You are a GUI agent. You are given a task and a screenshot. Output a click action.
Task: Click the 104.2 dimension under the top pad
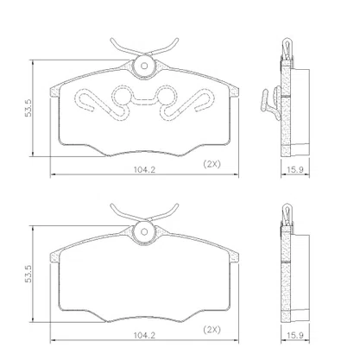pos(144,169)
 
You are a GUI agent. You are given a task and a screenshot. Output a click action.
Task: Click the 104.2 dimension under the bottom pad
pos(144,335)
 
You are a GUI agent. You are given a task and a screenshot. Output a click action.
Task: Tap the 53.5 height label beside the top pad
pos(28,108)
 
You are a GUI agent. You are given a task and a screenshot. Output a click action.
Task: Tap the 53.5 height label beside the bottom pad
pos(28,274)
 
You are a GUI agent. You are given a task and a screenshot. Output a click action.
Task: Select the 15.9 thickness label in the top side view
pos(295,169)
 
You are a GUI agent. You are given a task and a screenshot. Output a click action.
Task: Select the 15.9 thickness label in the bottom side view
pos(295,335)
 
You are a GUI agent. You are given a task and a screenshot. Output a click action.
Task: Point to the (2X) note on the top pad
pos(212,164)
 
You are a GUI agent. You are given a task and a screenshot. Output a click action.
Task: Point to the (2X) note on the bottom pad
pos(212,330)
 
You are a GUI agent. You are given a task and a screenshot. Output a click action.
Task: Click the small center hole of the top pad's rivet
pos(144,66)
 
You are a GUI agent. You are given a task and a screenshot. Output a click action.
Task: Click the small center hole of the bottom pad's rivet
pos(144,231)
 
